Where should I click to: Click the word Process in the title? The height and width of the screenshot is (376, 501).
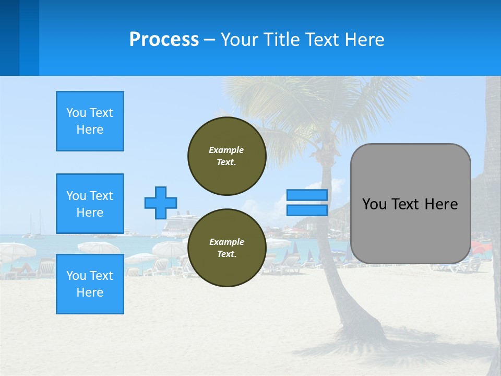(x=164, y=40)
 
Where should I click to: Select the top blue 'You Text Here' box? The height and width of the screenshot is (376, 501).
(x=90, y=121)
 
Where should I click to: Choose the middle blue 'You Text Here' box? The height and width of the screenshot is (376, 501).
(x=90, y=204)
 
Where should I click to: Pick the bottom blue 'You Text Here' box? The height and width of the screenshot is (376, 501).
(x=90, y=284)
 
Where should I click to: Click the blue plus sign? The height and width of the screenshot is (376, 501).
(x=161, y=203)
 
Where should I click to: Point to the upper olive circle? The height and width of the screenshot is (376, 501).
(x=227, y=156)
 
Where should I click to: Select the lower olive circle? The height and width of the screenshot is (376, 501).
(x=227, y=248)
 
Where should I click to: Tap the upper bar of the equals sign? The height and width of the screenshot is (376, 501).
(x=307, y=195)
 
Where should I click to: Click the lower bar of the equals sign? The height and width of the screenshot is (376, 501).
(x=307, y=210)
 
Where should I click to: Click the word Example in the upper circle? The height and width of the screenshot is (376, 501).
(x=226, y=150)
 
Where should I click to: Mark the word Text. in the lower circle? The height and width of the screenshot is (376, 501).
(x=226, y=254)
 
